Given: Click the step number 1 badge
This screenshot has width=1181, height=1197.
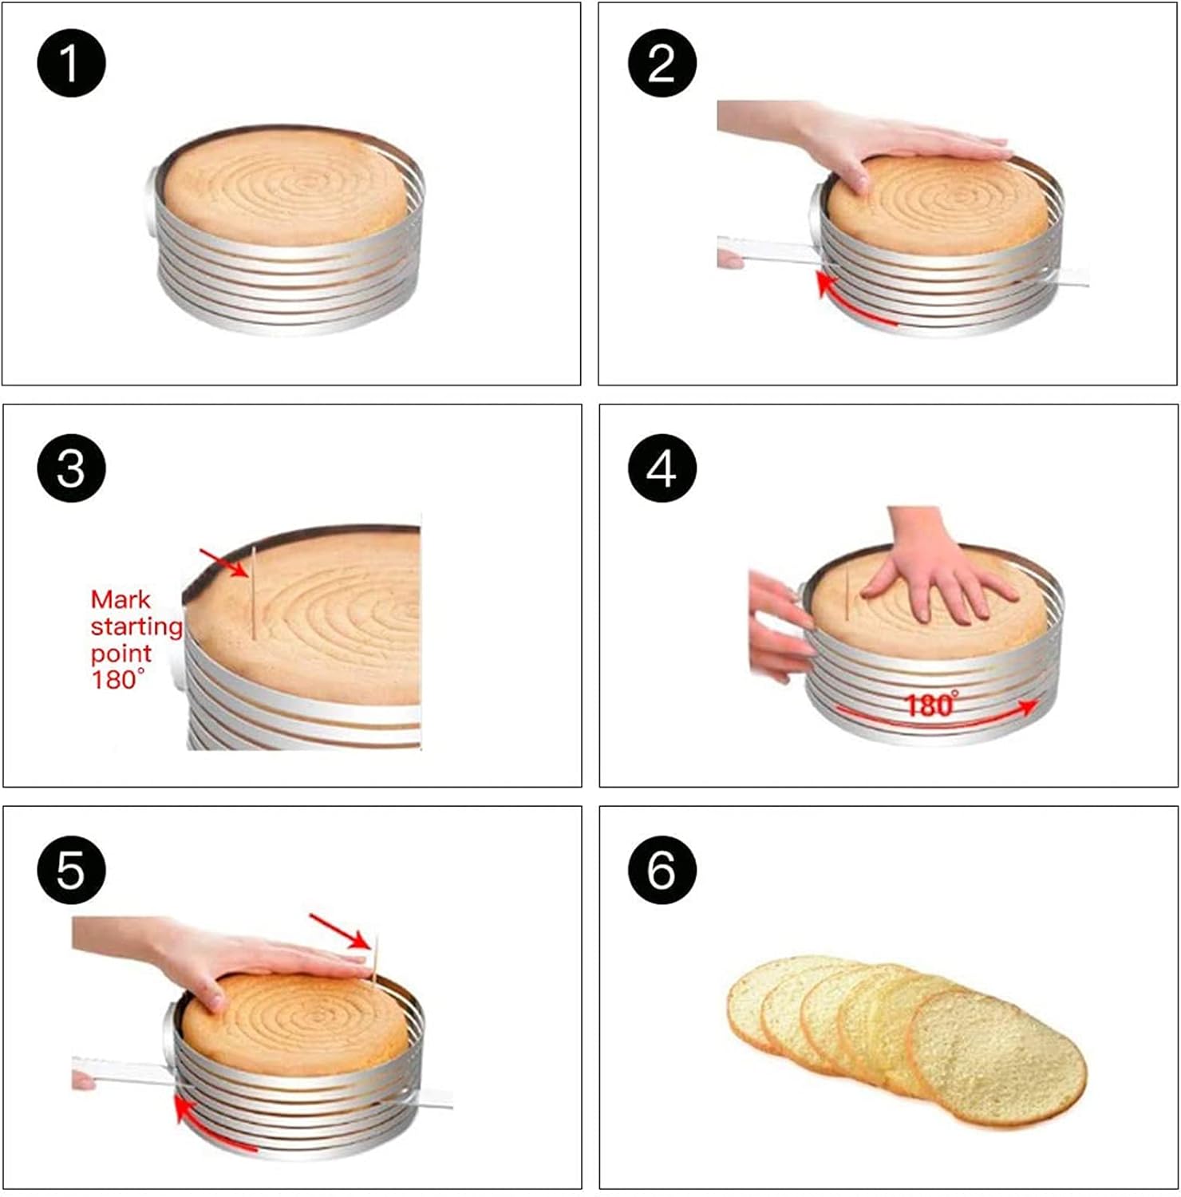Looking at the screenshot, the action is coord(71,63).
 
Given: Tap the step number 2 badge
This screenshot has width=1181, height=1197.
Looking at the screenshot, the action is coord(662,63).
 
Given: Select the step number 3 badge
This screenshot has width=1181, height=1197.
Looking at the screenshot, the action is coord(71,468).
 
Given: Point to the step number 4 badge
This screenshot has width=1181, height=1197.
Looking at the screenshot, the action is coord(662,468).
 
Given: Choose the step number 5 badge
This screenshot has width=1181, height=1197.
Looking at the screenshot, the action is coord(71,870).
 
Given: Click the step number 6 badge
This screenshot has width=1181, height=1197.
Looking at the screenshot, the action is coord(662,870).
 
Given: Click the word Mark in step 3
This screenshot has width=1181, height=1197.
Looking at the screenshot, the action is coord(120,599).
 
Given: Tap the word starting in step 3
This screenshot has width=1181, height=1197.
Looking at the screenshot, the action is coord(136,627).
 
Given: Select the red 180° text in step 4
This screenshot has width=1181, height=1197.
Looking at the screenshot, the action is coord(931,705).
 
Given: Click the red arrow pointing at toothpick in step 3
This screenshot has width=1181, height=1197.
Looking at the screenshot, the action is coord(223,562).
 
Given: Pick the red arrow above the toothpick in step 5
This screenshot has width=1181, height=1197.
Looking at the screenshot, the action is coord(339,931).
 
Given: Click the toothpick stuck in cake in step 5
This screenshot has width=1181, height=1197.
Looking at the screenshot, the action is coord(373,962).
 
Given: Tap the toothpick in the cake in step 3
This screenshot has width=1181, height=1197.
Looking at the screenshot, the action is coord(253,593).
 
